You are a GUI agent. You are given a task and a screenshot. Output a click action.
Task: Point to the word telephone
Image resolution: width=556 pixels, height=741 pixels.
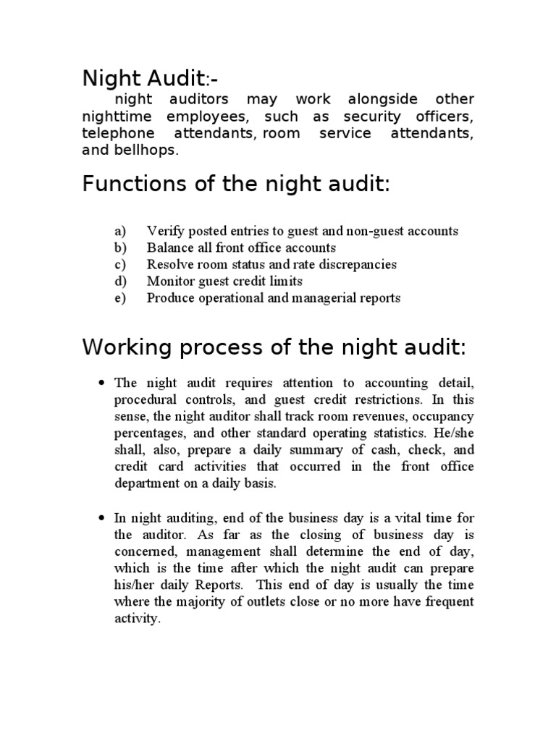click(x=118, y=134)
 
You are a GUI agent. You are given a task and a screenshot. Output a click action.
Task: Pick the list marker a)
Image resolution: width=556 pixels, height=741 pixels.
click(x=119, y=232)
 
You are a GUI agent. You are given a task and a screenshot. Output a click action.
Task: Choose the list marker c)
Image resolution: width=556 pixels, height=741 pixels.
click(x=119, y=265)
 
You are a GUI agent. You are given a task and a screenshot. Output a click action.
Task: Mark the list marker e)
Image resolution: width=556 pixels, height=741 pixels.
click(x=119, y=298)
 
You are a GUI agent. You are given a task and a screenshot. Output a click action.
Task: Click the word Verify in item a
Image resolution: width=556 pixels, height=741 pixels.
click(x=164, y=232)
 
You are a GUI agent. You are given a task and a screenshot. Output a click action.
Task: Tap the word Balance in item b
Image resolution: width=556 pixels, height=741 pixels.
click(x=169, y=248)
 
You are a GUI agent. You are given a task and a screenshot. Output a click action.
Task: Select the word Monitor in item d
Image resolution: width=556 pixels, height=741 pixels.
click(x=169, y=281)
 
